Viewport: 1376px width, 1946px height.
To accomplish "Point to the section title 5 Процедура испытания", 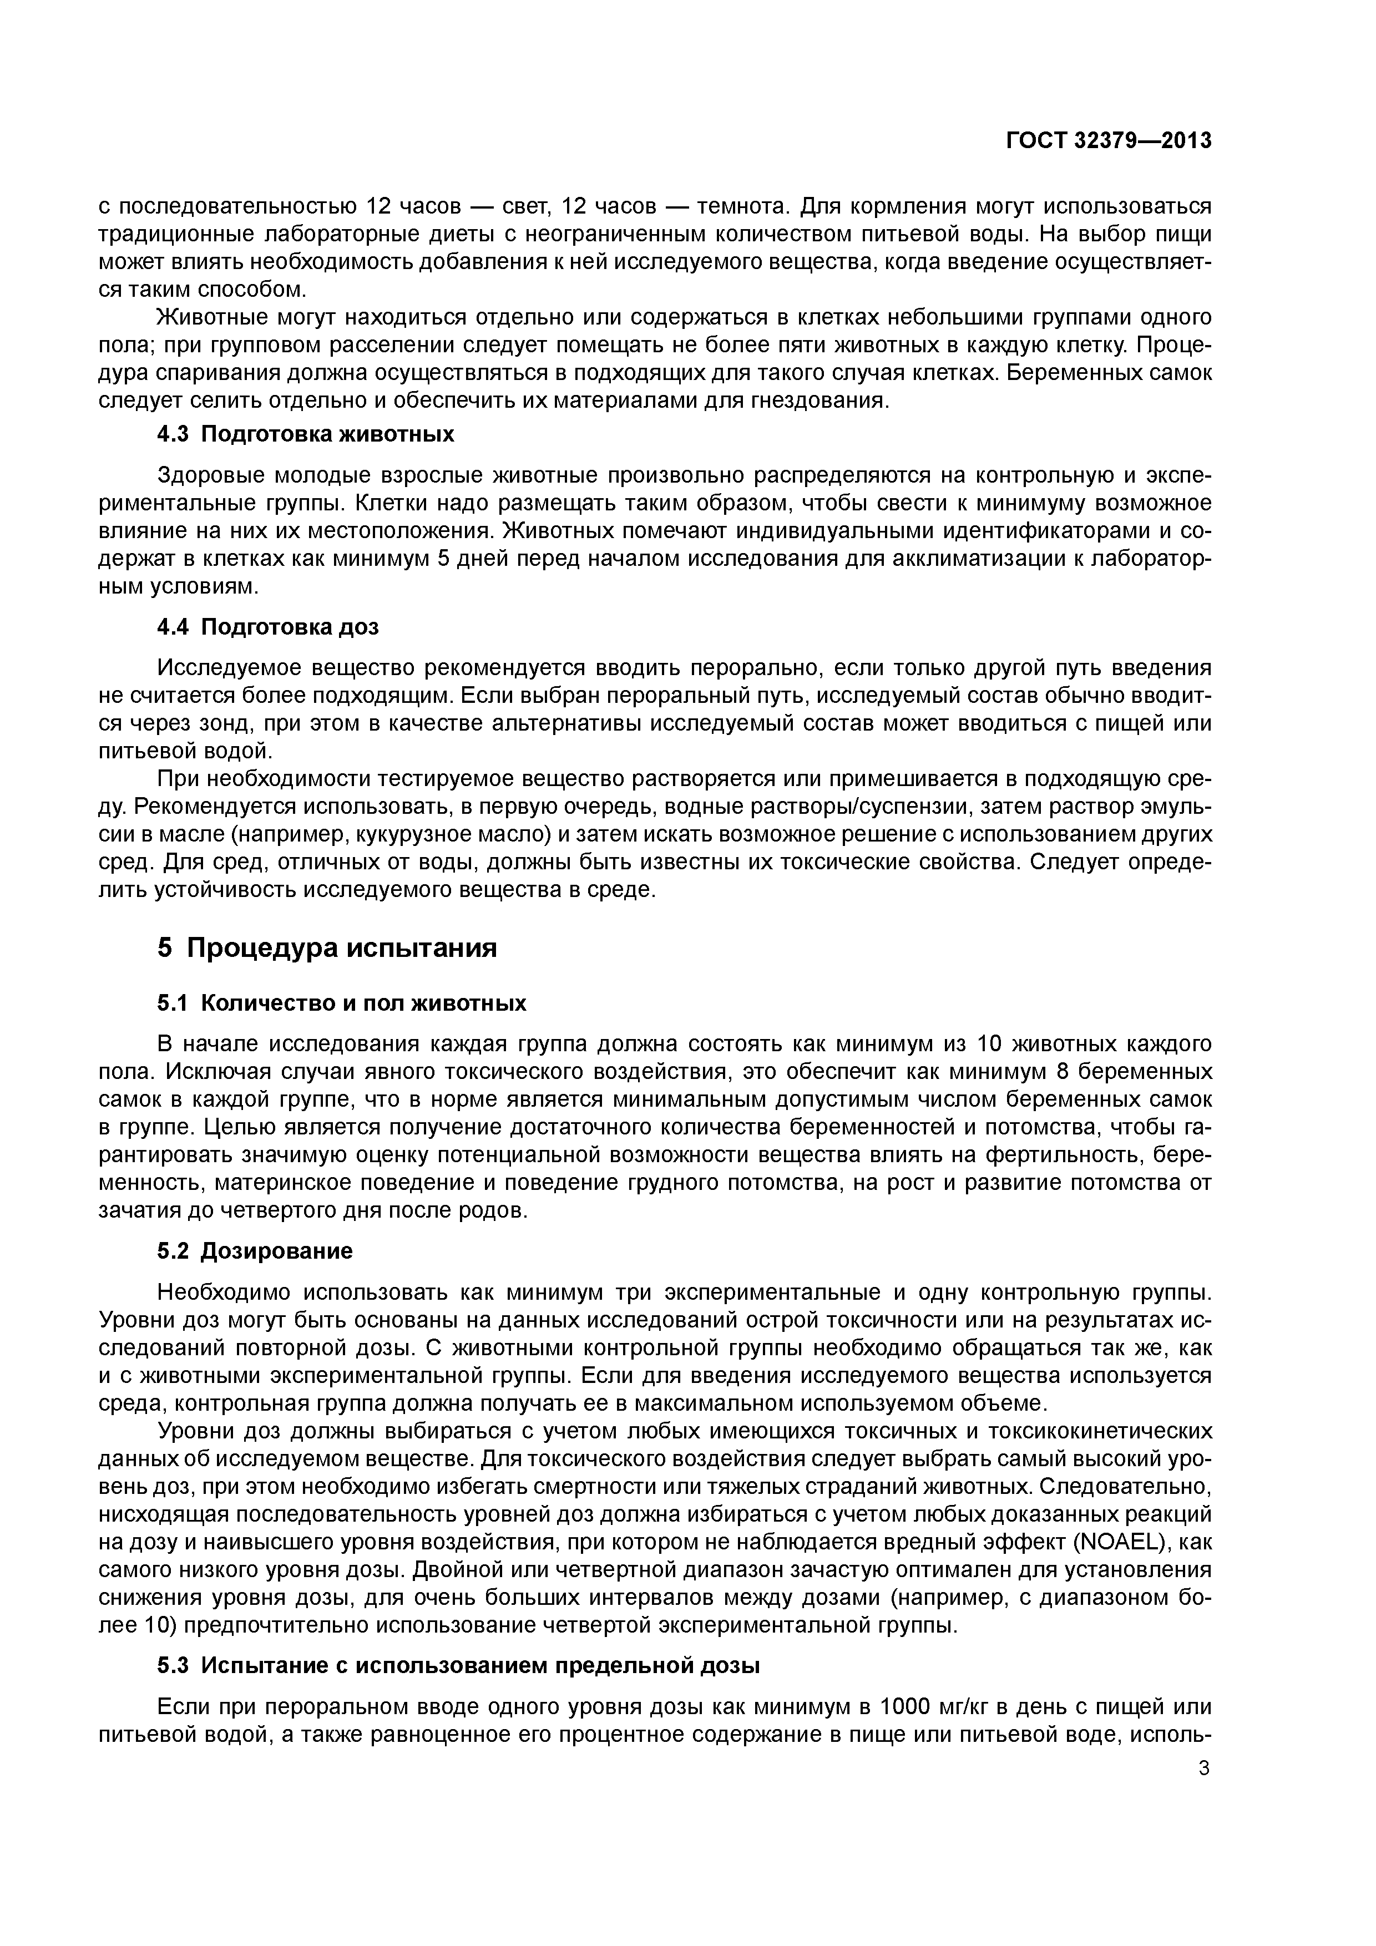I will pyautogui.click(x=327, y=947).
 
